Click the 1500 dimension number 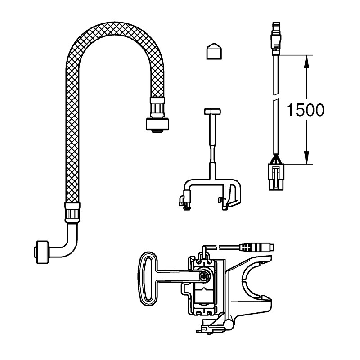point(305,109)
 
